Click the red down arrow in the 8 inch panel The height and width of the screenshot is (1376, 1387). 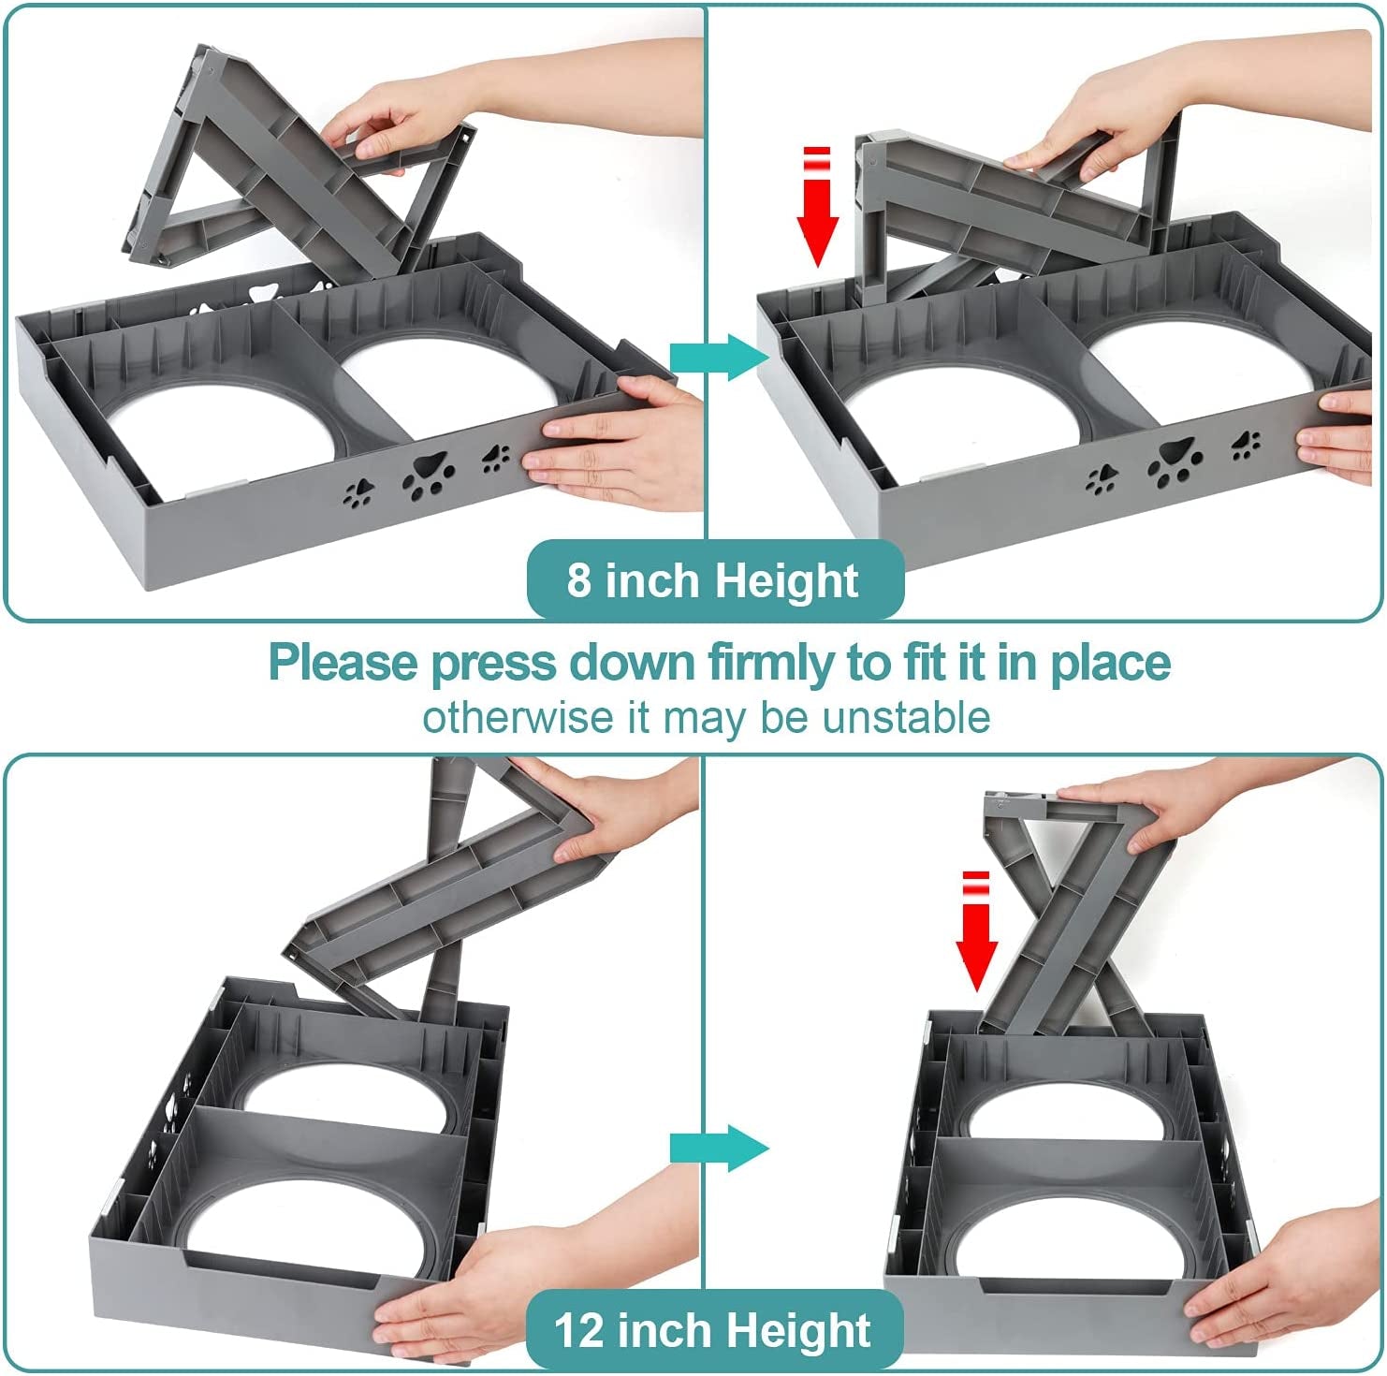click(x=818, y=206)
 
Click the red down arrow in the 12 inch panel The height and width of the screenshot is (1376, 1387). click(x=976, y=930)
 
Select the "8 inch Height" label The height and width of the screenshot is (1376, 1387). click(x=714, y=580)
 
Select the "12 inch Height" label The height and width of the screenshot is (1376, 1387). click(x=714, y=1330)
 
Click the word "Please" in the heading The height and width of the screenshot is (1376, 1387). click(x=343, y=663)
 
